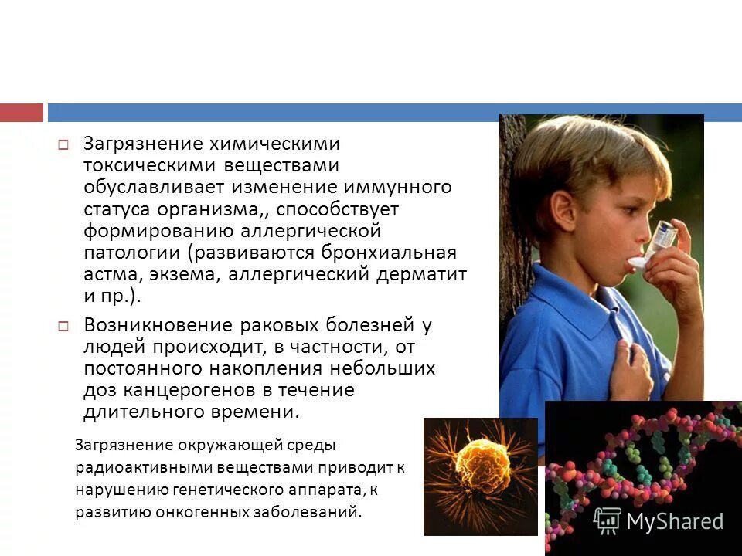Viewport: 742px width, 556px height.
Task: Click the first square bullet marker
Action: [x=64, y=145]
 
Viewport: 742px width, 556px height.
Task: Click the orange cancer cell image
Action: [x=480, y=475]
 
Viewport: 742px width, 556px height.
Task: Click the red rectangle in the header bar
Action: [x=22, y=113]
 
